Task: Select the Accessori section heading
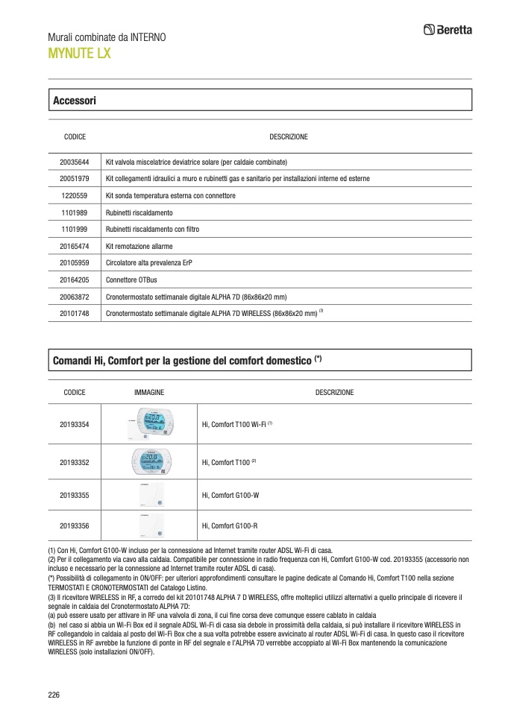(75, 100)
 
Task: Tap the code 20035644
(75, 162)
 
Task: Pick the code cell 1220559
(75, 195)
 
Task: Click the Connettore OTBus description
(132, 280)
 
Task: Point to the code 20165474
(75, 246)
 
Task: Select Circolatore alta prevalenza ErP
(154, 263)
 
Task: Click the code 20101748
(75, 314)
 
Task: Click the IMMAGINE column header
(149, 392)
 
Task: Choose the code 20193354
(75, 425)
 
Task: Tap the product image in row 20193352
(149, 462)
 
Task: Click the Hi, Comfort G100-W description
(230, 494)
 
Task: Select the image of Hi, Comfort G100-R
(149, 525)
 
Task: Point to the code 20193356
(75, 526)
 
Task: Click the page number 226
(54, 695)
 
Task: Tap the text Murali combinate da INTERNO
(107, 37)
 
